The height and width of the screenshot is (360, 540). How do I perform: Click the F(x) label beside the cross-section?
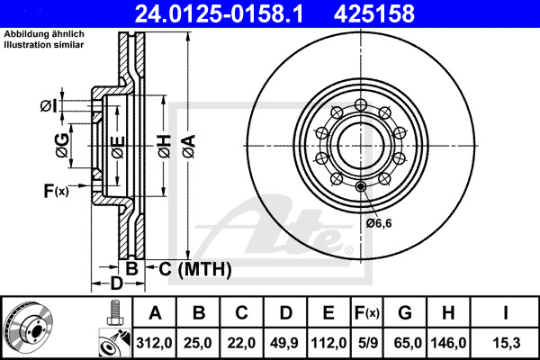pyautogui.click(x=56, y=191)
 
